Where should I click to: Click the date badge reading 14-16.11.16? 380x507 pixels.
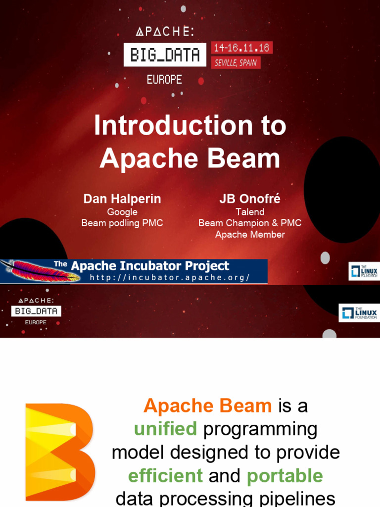point(242,48)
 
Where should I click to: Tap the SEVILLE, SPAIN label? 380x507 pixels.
point(236,63)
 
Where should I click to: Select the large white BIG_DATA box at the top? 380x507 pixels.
point(165,54)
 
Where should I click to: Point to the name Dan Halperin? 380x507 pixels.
point(122,199)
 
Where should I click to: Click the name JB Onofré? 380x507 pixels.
point(250,199)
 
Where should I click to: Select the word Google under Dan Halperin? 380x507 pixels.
point(122,212)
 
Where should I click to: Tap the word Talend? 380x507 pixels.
point(250,212)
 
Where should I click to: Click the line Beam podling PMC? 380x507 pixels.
point(122,223)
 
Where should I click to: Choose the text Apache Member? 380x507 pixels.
point(250,235)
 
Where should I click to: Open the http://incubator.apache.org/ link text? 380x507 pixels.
point(170,278)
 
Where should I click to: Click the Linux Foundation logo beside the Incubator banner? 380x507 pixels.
point(364,271)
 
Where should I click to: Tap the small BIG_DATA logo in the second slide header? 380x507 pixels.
point(36,311)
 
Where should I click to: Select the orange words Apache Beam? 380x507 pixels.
point(208,406)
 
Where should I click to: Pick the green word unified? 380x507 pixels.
point(165,429)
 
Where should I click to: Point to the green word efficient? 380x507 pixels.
point(165,476)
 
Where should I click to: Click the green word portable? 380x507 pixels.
point(285,476)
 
